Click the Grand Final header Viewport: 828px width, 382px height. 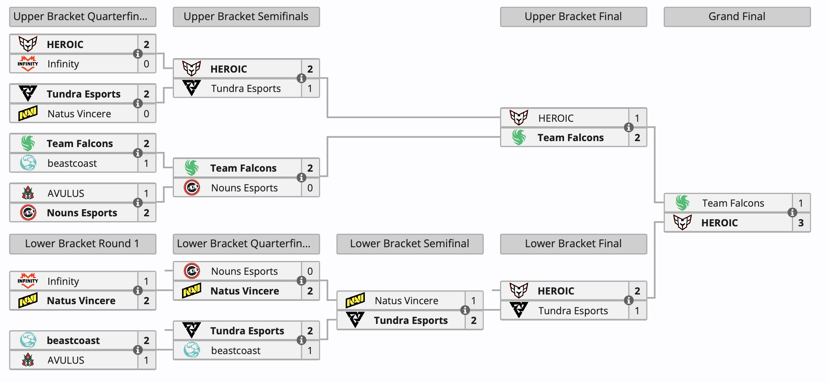(x=737, y=17)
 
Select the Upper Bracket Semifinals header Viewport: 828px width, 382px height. (x=246, y=17)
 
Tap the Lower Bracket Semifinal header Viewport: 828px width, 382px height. (x=410, y=244)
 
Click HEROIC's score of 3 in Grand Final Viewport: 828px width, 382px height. (x=801, y=223)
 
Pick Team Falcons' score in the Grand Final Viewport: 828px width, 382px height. (x=801, y=203)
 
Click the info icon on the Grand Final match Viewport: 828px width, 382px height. (x=792, y=213)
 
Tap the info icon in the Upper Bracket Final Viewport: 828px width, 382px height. (x=629, y=127)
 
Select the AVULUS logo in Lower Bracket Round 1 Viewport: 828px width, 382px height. (x=28, y=360)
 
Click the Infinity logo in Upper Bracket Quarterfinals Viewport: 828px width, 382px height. (x=28, y=64)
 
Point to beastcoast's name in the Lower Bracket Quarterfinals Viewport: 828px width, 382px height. (x=236, y=351)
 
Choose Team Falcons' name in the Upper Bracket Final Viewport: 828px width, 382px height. (x=570, y=138)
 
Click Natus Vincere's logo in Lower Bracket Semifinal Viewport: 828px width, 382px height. (x=355, y=300)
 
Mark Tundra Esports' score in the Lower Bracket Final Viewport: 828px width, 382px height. (x=637, y=311)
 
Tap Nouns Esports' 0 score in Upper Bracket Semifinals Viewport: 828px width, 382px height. (x=310, y=188)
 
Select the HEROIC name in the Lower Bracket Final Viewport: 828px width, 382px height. (x=556, y=291)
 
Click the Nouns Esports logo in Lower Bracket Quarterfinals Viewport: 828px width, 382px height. (x=192, y=271)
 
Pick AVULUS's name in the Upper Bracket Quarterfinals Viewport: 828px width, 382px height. (x=66, y=194)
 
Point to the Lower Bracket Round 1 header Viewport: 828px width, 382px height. (x=82, y=244)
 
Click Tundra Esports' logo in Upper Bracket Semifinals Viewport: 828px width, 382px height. (x=192, y=88)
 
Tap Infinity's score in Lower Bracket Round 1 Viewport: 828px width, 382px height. (x=146, y=281)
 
